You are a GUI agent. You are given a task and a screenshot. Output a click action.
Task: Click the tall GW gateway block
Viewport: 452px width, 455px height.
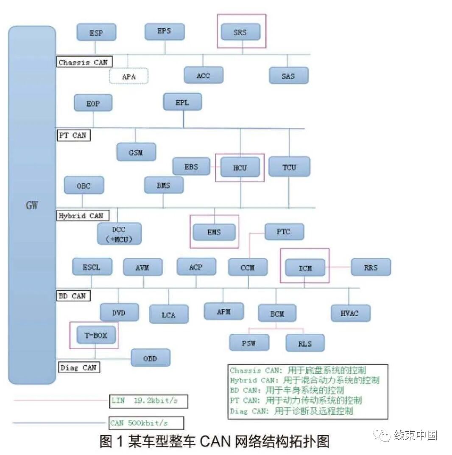pyautogui.click(x=32, y=205)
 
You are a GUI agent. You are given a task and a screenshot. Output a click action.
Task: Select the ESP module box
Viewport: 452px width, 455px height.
pyautogui.click(x=96, y=33)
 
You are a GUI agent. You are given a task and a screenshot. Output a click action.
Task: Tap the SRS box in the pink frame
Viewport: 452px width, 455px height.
pyautogui.click(x=240, y=32)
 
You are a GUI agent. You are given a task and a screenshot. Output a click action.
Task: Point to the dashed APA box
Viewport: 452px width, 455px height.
pyautogui.click(x=129, y=77)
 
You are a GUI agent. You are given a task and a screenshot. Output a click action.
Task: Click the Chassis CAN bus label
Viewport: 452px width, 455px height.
pyautogui.click(x=83, y=62)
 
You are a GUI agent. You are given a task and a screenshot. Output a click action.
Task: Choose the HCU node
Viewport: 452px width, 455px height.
pyautogui.click(x=240, y=168)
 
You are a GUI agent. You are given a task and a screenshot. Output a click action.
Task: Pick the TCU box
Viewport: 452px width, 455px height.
pyautogui.click(x=289, y=167)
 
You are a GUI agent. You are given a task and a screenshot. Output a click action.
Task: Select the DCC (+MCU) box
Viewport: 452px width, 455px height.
pyautogui.click(x=119, y=234)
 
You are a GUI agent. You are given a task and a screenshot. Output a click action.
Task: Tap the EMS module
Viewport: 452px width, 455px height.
pyautogui.click(x=214, y=232)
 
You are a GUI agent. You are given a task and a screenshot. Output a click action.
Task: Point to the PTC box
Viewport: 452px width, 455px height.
pyautogui.click(x=284, y=232)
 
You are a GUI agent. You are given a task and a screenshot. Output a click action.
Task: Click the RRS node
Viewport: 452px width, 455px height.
pyautogui.click(x=371, y=267)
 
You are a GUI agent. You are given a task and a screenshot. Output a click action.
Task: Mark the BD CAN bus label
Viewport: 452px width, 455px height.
pyautogui.click(x=72, y=296)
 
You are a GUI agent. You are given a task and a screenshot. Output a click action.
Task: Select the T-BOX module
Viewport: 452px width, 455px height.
pyautogui.click(x=95, y=336)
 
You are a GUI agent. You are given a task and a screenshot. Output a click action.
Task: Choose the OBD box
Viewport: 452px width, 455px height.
pyautogui.click(x=150, y=358)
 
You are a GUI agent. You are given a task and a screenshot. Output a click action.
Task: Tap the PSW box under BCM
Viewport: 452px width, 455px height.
pyautogui.click(x=249, y=343)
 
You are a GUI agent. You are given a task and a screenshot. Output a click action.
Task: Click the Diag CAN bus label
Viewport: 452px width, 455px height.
pyautogui.click(x=78, y=367)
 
